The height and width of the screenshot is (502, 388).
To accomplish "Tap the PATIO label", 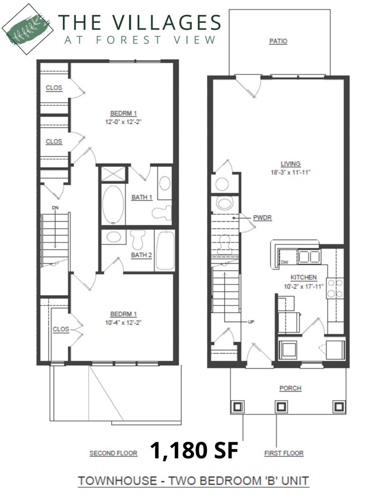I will (278, 42).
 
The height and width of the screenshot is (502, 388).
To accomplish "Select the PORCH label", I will (290, 388).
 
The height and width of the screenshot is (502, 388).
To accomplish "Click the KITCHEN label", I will (304, 277).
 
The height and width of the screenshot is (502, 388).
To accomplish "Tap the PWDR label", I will (262, 217).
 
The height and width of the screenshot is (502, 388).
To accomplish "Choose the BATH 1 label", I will (142, 198).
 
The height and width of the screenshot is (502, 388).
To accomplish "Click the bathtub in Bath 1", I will (113, 204).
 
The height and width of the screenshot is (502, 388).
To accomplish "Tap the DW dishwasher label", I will (284, 263).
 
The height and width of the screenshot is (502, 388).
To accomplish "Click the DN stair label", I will (55, 208).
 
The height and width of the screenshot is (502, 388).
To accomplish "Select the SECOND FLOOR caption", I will (113, 453).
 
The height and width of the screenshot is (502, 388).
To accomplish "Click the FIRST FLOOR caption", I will (284, 453).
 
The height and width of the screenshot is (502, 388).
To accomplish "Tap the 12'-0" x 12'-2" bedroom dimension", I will (123, 121).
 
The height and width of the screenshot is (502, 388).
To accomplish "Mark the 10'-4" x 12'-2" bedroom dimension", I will (123, 322).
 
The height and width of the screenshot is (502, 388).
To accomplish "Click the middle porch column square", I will (281, 406).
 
